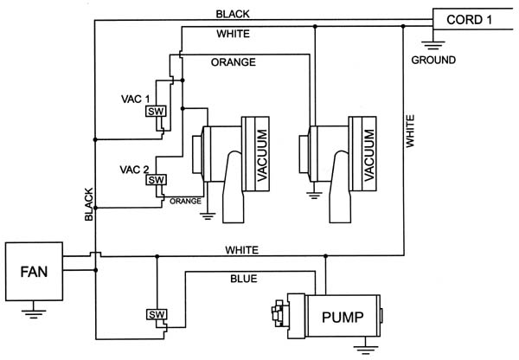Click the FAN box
(x=34, y=272)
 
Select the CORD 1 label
(x=469, y=20)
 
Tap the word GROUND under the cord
(x=433, y=60)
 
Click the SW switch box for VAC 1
(x=156, y=112)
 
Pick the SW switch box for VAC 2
(x=156, y=180)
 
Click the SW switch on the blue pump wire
(x=157, y=314)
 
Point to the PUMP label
(x=343, y=317)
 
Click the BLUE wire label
(x=244, y=279)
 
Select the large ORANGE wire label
(x=234, y=62)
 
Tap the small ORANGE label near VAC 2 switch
(x=185, y=201)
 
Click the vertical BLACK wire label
(x=89, y=204)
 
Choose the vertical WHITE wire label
(x=410, y=132)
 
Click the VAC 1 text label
(x=136, y=99)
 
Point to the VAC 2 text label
(x=134, y=170)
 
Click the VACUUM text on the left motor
(x=262, y=155)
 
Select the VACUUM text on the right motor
(x=368, y=155)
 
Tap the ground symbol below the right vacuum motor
(x=314, y=196)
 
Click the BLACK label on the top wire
(x=233, y=14)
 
